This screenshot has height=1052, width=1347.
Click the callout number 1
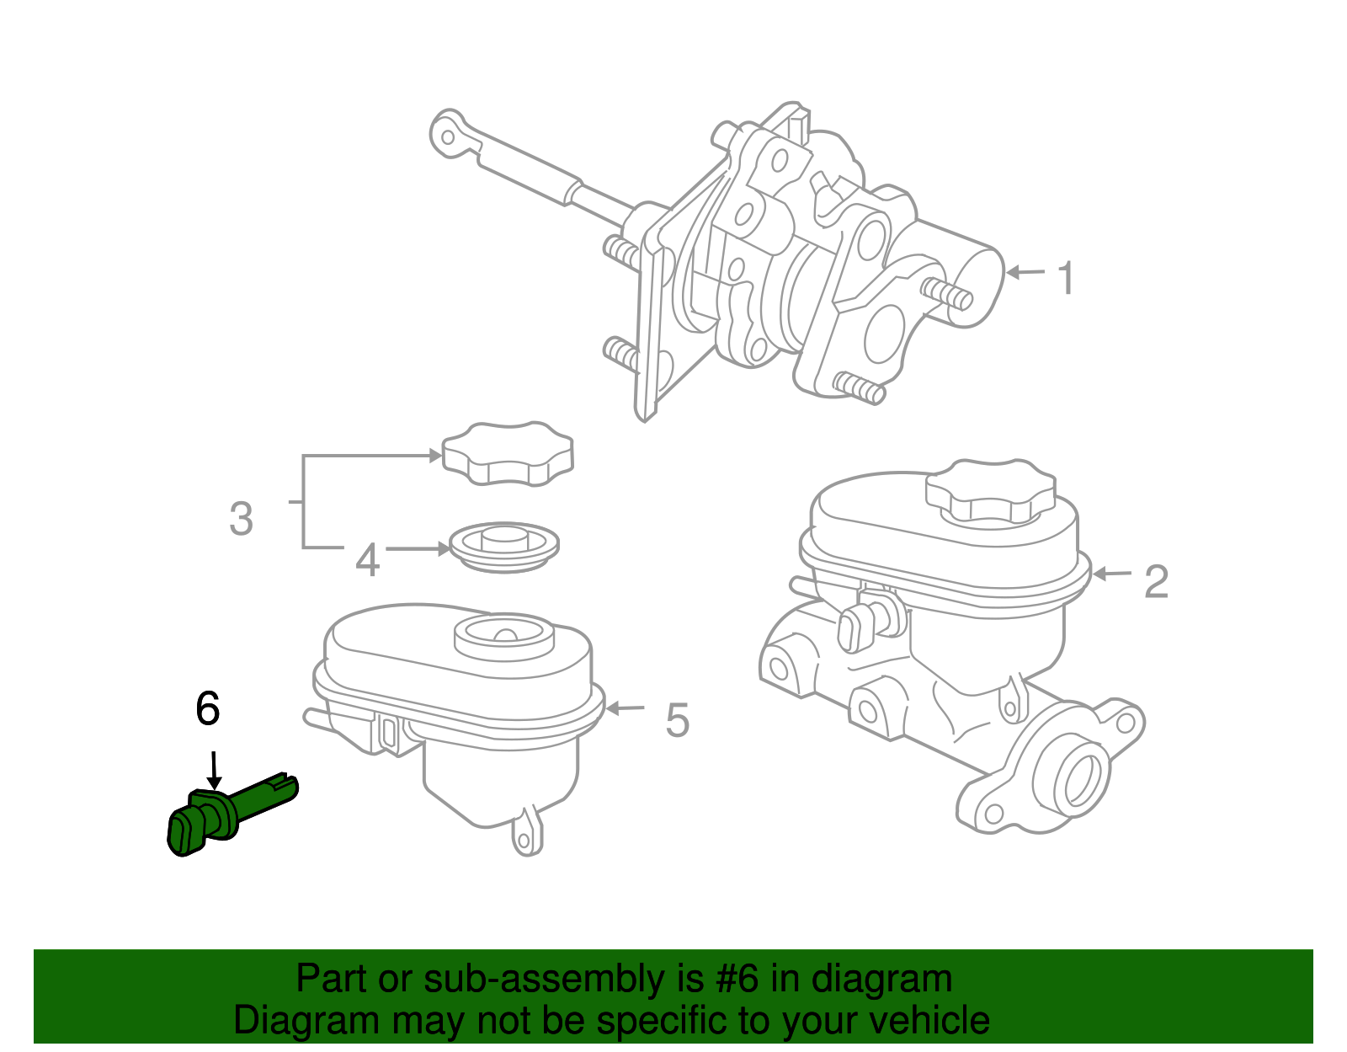(1066, 279)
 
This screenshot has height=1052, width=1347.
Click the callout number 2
(1156, 581)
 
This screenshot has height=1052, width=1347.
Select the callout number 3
(241, 519)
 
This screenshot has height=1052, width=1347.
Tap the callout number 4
(367, 560)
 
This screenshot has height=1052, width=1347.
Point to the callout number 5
(677, 721)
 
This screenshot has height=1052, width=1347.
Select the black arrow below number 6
(214, 770)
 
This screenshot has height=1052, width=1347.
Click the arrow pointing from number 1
(1025, 272)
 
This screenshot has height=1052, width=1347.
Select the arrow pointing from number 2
(1112, 574)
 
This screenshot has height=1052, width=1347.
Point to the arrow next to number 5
(625, 708)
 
